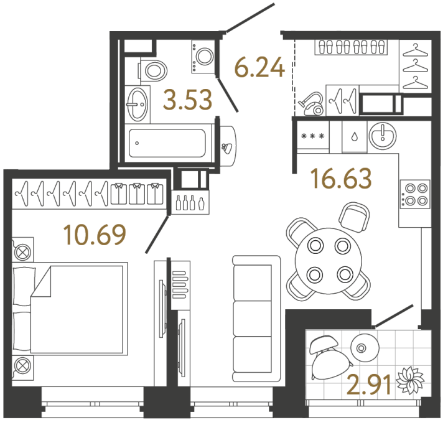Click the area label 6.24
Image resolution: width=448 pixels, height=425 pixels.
pos(259,67)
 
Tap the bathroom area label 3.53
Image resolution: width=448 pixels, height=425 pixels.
pos(187,99)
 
